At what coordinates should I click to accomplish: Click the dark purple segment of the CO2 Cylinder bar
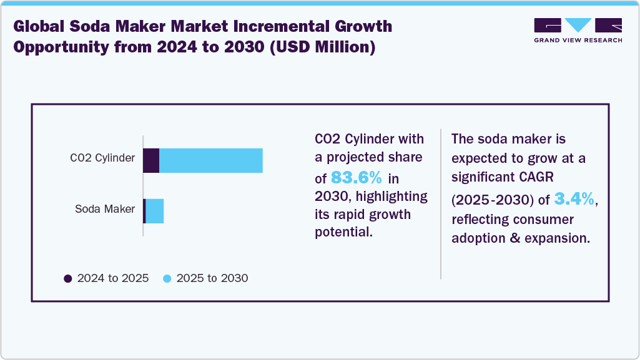151,160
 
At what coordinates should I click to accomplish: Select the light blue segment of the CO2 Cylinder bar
211,160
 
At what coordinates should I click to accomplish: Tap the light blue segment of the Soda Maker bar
154,211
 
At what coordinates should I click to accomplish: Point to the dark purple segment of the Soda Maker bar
144,211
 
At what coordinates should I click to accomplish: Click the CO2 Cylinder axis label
102,158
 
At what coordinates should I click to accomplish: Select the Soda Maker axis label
104,209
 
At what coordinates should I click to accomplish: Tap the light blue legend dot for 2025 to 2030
167,278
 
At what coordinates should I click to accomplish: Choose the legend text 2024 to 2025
113,278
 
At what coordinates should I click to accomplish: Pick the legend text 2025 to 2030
212,278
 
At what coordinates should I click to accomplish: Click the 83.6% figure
356,177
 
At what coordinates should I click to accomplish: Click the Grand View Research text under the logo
578,40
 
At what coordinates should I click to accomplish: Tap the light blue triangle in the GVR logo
578,26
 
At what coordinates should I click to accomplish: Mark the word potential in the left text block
343,233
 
